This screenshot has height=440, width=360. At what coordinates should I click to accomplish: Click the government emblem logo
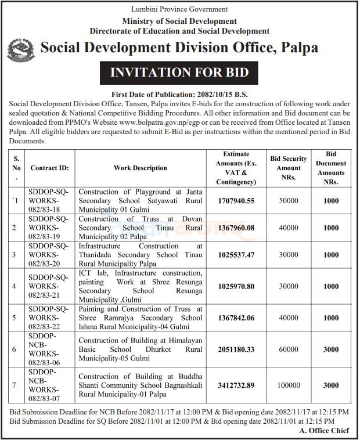22,50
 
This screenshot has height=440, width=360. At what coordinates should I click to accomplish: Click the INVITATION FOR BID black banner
180,73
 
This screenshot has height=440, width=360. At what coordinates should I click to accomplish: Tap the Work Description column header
140,168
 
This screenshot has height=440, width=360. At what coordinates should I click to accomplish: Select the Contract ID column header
49,168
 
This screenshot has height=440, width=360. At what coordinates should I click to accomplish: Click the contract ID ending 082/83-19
49,228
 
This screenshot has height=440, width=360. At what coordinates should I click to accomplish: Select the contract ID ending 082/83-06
49,349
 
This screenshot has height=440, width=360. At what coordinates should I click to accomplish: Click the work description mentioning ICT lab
140,286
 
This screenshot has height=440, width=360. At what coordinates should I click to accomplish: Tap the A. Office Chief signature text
325,430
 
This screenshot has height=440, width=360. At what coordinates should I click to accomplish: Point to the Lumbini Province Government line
179,9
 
